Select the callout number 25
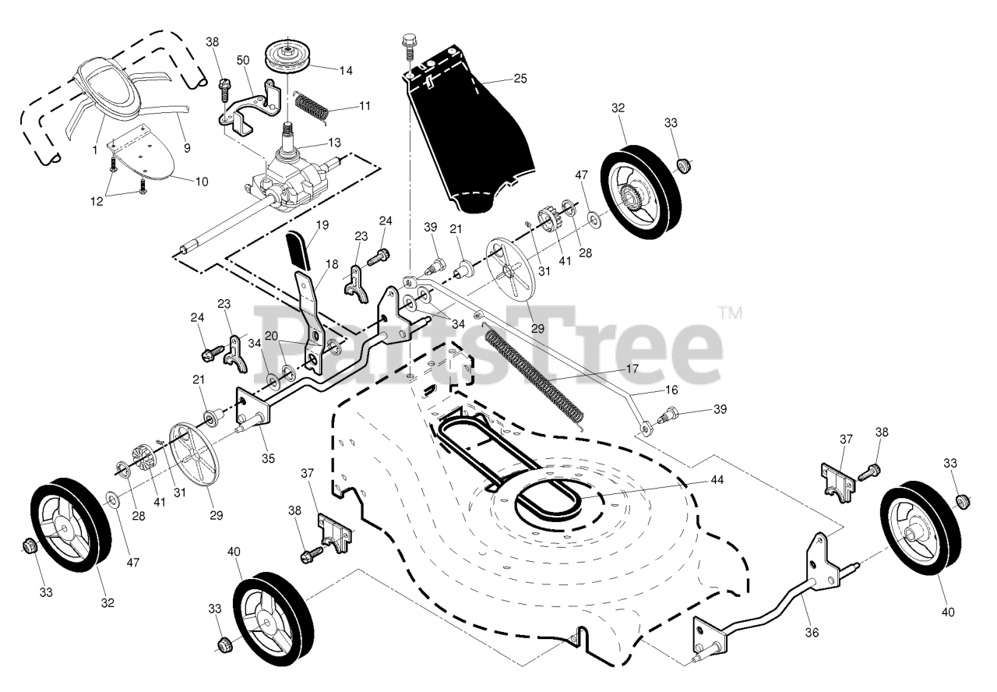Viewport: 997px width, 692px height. [x=520, y=78]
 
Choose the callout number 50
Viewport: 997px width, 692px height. [x=242, y=60]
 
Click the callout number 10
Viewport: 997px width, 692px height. [x=202, y=182]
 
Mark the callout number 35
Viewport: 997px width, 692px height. [x=268, y=458]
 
